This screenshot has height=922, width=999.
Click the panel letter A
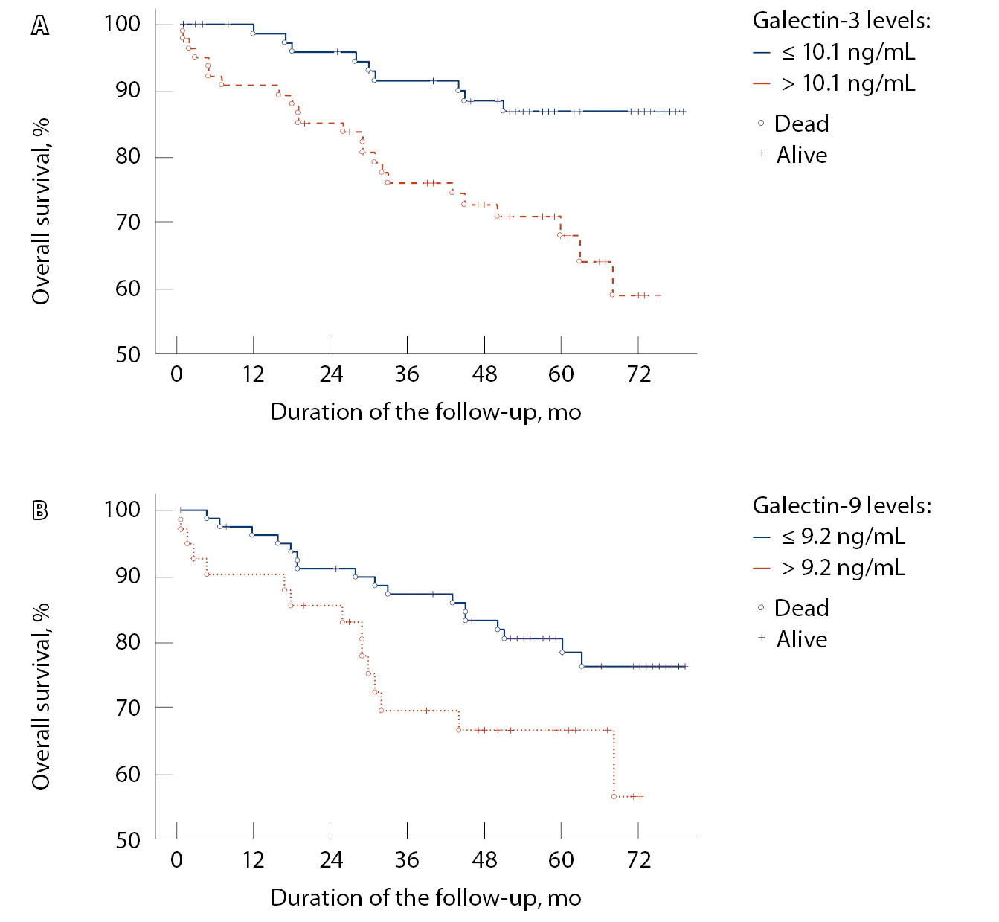pos(40,26)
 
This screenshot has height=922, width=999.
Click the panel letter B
pos(40,510)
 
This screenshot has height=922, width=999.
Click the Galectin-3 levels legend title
pos(841,20)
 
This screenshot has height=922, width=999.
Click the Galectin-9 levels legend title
pos(842,505)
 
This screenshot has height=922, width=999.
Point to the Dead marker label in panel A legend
pos(801,124)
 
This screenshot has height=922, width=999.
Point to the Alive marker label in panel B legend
pos(801,639)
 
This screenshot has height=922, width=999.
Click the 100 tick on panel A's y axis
pos(122,24)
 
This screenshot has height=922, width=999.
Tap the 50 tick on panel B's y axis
pos(128,840)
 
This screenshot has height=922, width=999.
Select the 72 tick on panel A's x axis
pos(638,374)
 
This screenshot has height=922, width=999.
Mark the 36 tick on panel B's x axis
pos(407,859)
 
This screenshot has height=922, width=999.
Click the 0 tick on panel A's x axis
pos(176,374)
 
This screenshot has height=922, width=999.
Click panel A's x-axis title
pos(425,412)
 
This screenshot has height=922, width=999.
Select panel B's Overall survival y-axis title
pos(41,696)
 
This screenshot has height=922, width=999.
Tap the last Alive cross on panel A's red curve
pos(658,295)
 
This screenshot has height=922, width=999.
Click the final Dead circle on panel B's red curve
pos(614,796)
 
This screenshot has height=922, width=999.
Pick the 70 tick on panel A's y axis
pos(128,223)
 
